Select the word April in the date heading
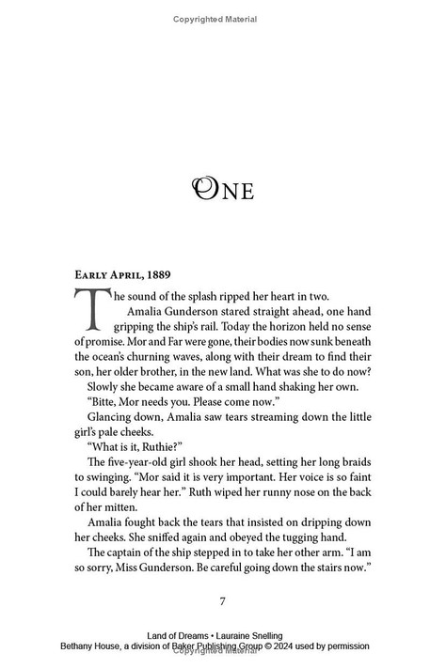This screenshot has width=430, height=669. (x=130, y=275)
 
